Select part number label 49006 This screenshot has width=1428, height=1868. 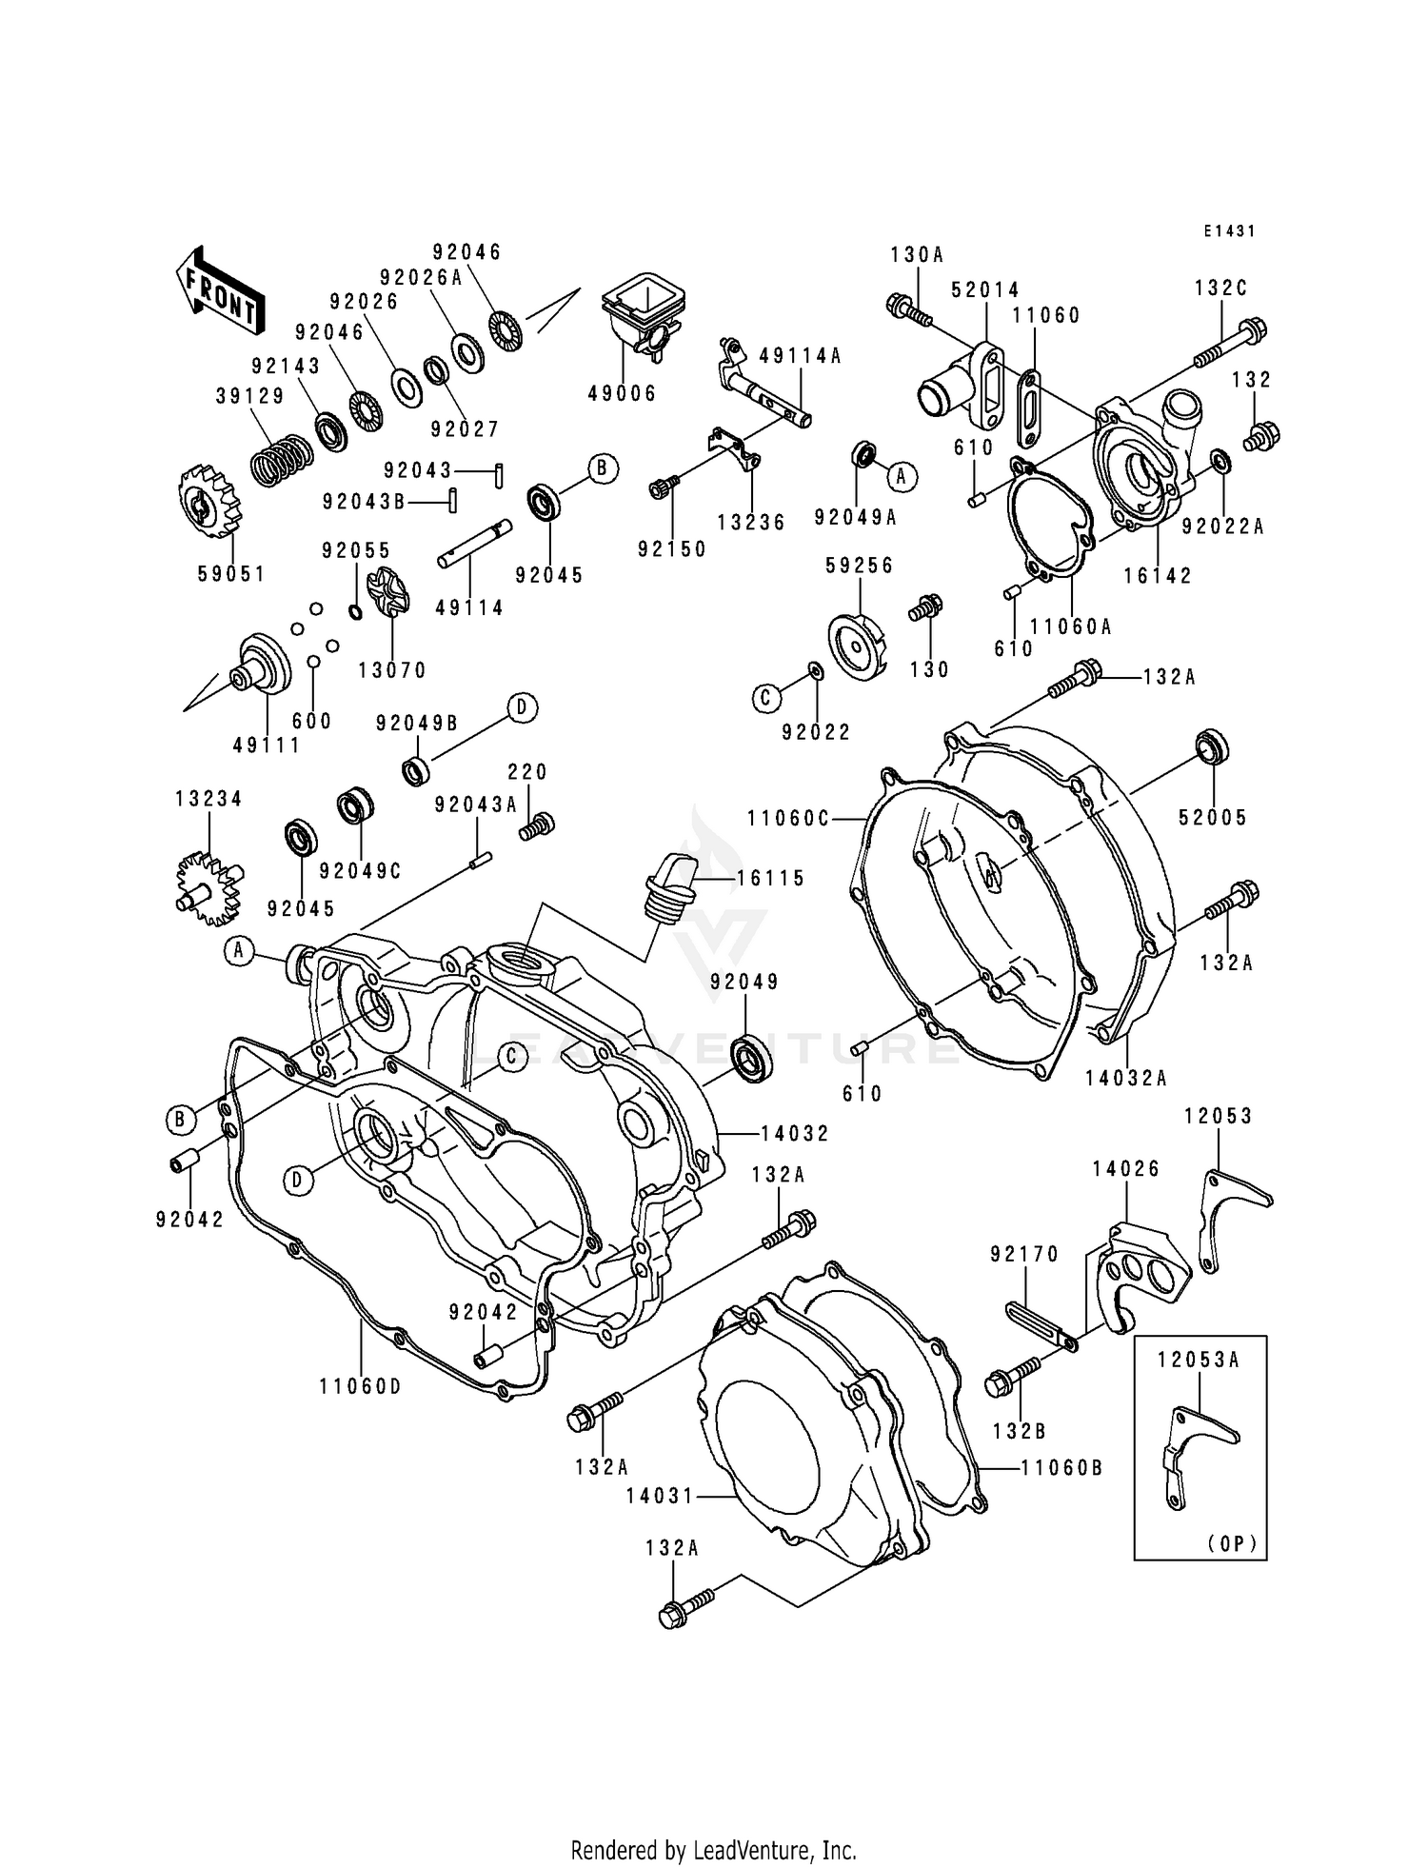[x=622, y=393]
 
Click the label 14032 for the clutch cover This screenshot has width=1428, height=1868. [x=795, y=1133]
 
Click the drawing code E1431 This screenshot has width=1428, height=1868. [x=1228, y=231]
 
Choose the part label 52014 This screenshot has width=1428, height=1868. [x=984, y=289]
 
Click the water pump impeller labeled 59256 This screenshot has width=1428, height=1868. [x=856, y=648]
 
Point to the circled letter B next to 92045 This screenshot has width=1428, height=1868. [x=602, y=468]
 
